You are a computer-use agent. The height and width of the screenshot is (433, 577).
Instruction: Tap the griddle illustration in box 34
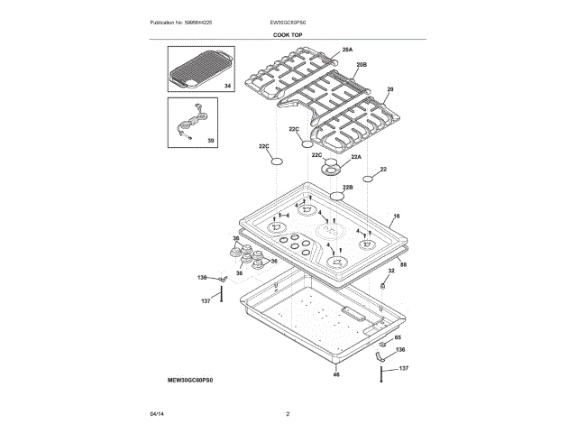pyautogui.click(x=200, y=69)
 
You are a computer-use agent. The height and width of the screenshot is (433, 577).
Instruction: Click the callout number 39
pyautogui.click(x=211, y=141)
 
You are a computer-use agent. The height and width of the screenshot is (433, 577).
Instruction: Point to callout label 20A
pyautogui.click(x=347, y=51)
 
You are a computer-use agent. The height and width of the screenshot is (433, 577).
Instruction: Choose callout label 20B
pyautogui.click(x=361, y=65)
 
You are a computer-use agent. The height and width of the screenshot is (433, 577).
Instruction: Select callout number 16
pyautogui.click(x=396, y=217)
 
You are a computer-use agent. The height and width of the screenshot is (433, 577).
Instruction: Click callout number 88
pyautogui.click(x=403, y=264)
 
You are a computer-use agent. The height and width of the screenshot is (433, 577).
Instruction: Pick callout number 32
pyautogui.click(x=391, y=270)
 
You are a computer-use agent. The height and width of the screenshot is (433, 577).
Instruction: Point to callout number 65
pyautogui.click(x=398, y=336)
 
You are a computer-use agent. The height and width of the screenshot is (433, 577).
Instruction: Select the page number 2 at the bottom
pyautogui.click(x=288, y=414)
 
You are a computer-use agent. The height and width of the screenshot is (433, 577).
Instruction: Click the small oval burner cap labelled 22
pyautogui.click(x=368, y=179)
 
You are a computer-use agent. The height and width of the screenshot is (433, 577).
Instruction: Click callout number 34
pyautogui.click(x=227, y=86)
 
